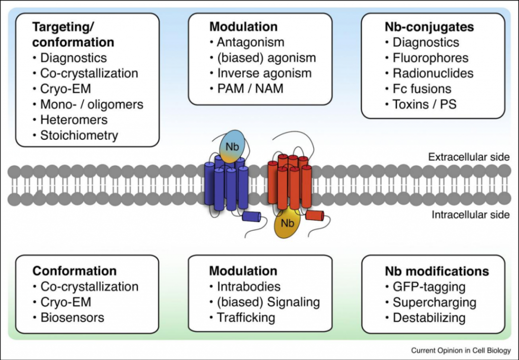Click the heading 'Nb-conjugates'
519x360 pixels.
coord(429,26)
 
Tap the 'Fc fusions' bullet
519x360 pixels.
coord(422,89)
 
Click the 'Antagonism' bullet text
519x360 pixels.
coord(250,42)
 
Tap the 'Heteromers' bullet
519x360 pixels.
coord(74,120)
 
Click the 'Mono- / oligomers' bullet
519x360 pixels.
coord(91,104)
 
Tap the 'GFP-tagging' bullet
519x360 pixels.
coord(429,286)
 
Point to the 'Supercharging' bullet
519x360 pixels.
coord(434,302)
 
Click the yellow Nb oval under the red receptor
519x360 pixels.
coord(287,225)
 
